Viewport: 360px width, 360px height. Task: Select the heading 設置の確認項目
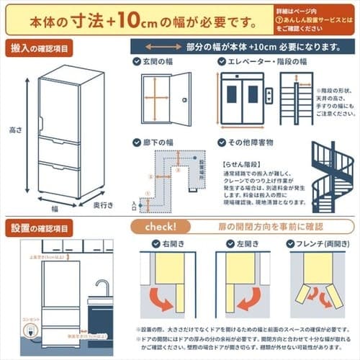(40, 229)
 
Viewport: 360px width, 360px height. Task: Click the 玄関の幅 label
(163, 63)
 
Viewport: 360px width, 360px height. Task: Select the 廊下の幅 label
(163, 143)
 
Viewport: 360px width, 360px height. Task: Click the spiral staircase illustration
(332, 176)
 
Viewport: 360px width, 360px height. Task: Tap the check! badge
(156, 228)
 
